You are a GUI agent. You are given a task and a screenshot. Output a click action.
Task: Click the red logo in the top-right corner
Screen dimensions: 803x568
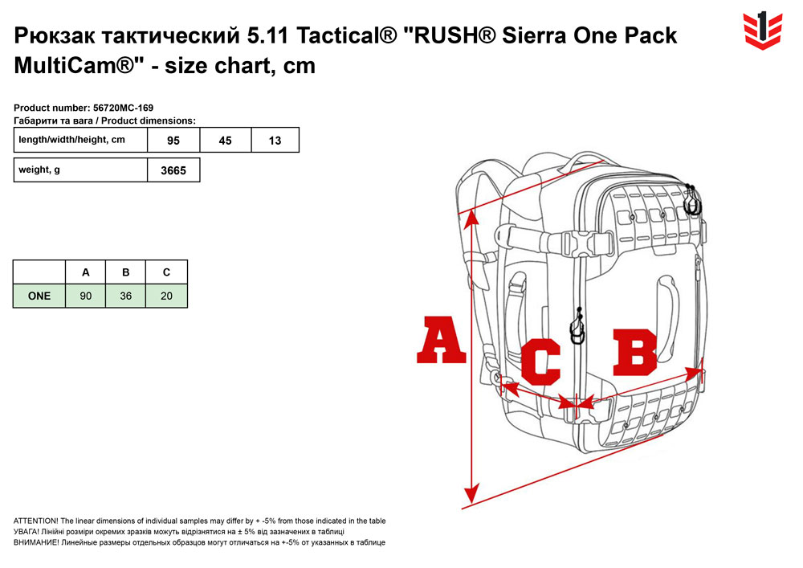[763, 31]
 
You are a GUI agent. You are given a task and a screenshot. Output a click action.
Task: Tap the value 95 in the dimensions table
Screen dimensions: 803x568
[173, 141]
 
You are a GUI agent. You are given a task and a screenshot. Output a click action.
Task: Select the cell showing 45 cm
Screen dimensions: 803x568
[226, 141]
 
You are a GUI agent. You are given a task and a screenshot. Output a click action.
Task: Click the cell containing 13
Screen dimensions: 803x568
[275, 141]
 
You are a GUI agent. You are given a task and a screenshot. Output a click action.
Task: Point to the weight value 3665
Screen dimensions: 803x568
[173, 170]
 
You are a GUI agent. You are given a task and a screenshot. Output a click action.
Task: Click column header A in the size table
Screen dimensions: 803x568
[86, 272]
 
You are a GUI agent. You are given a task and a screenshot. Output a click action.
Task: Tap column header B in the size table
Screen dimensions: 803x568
[125, 272]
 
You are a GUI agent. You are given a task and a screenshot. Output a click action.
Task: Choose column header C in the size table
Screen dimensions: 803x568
[166, 272]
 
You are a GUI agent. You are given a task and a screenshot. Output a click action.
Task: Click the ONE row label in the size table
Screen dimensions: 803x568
[39, 296]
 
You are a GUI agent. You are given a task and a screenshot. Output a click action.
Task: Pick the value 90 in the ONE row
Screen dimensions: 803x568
[86, 296]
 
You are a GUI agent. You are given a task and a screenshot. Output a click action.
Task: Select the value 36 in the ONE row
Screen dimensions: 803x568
[125, 296]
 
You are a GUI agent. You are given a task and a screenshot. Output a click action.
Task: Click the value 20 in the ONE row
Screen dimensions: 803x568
[166, 296]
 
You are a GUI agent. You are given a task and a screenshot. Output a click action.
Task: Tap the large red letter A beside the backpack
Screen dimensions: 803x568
[441, 340]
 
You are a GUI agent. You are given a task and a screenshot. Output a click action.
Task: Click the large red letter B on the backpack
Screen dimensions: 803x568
[635, 353]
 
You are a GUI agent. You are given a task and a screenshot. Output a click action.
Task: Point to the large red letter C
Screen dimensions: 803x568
[540, 362]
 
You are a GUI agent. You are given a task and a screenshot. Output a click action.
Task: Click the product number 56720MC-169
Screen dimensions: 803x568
[124, 108]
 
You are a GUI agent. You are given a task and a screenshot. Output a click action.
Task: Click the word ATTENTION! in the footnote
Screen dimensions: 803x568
[36, 521]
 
